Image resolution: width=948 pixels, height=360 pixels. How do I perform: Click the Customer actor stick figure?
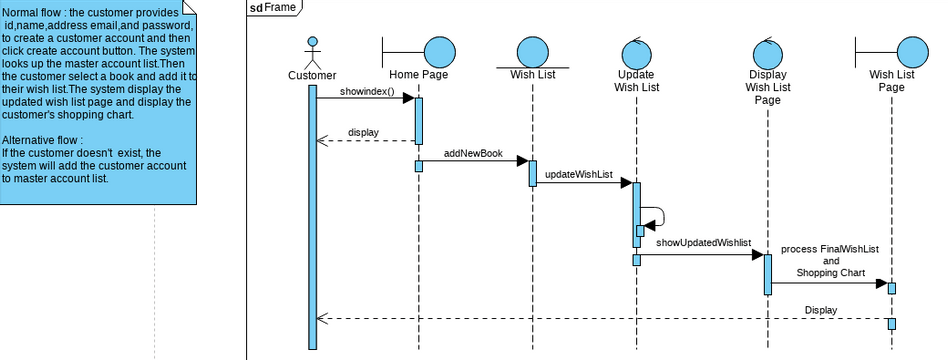click(313, 51)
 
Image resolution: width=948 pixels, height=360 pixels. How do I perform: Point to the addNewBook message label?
click(473, 155)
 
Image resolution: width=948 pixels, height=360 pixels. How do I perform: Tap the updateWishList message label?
click(579, 175)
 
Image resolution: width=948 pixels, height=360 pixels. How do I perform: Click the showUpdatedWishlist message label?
click(703, 242)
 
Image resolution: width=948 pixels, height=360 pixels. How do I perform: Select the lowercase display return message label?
click(363, 132)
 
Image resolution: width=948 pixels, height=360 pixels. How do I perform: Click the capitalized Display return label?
click(821, 310)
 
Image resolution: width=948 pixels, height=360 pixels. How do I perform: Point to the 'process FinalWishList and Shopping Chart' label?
click(823, 260)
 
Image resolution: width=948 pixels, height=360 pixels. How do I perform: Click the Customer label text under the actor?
click(312, 75)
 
